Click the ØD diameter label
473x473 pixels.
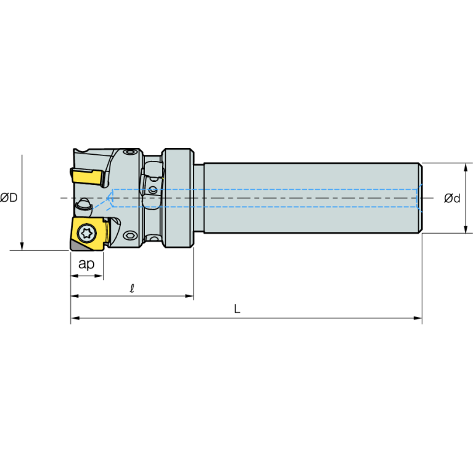pyautogui.click(x=9, y=197)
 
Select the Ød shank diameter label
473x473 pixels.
pyautogui.click(x=452, y=198)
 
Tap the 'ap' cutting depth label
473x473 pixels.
pyautogui.click(x=86, y=264)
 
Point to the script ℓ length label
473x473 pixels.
pyautogui.click(x=132, y=289)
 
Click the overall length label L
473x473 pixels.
pyautogui.click(x=237, y=308)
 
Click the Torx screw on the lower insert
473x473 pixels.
pyautogui.click(x=88, y=233)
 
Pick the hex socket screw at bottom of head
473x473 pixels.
pyautogui.click(x=130, y=236)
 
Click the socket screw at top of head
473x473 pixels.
pyautogui.click(x=130, y=152)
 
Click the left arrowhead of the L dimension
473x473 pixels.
pyautogui.click(x=75, y=318)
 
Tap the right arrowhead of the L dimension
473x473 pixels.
pyautogui.click(x=417, y=318)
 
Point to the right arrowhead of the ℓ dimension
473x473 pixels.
pyautogui.click(x=189, y=296)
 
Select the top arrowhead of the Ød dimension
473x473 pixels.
pyautogui.click(x=466, y=167)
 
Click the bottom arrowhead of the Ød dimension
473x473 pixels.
pyautogui.click(x=466, y=229)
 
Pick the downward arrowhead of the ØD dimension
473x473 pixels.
pyautogui.click(x=22, y=246)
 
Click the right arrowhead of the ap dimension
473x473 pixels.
pyautogui.click(x=99, y=276)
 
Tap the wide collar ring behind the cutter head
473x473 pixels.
pyautogui.click(x=178, y=198)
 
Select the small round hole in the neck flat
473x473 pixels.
pyautogui.click(x=153, y=191)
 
